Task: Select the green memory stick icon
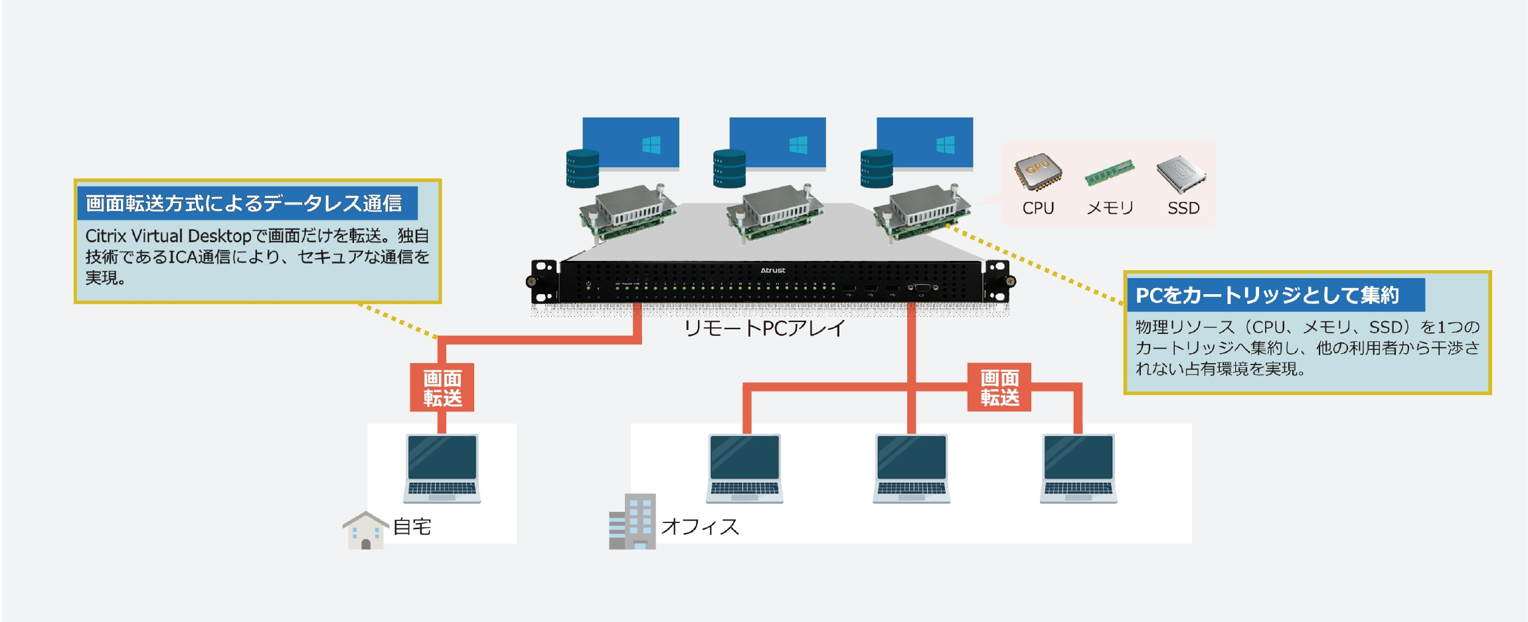pyautogui.click(x=1109, y=172)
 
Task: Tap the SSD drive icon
pyautogui.click(x=1181, y=173)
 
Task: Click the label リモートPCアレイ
pyautogui.click(x=764, y=328)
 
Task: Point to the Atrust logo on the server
pyautogui.click(x=772, y=270)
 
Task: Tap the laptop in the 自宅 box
pyautogui.click(x=442, y=468)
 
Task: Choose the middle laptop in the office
pyautogui.click(x=912, y=468)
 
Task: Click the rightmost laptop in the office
pyautogui.click(x=1078, y=468)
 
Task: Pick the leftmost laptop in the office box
pyautogui.click(x=745, y=468)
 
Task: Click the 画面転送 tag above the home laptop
pyautogui.click(x=442, y=388)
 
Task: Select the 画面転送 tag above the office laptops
pyautogui.click(x=999, y=388)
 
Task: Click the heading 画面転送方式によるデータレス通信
pyautogui.click(x=244, y=203)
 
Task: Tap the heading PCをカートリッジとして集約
pyautogui.click(x=1267, y=295)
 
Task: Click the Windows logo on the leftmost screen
pyautogui.click(x=651, y=145)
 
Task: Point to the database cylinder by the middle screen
pyautogui.click(x=729, y=169)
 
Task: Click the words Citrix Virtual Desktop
pyautogui.click(x=168, y=236)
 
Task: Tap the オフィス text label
pyautogui.click(x=700, y=527)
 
